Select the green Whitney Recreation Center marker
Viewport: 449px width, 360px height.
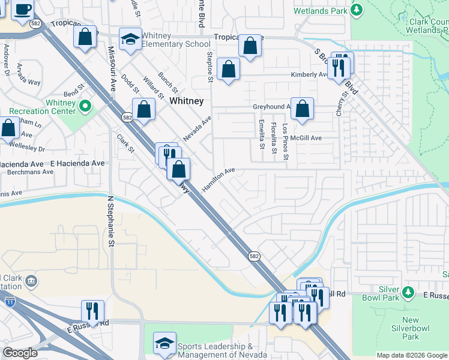click(85, 107)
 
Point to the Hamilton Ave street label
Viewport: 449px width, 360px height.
click(218, 179)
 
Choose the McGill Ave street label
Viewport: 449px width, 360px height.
click(306, 138)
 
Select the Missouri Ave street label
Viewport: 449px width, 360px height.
click(112, 68)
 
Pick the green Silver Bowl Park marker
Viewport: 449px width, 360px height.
click(408, 292)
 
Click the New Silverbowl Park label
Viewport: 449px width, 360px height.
click(411, 325)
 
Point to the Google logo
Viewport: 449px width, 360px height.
click(20, 353)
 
